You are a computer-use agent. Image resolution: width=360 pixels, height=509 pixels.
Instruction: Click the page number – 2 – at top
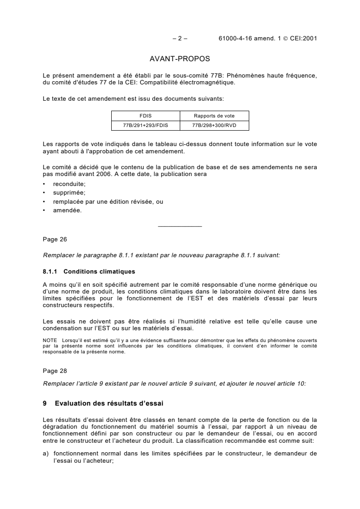pyautogui.click(x=180, y=39)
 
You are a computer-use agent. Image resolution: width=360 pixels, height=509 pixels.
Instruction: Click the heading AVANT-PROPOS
pyautogui.click(x=180, y=59)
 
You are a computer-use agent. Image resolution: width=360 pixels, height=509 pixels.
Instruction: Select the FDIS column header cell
pyautogui.click(x=145, y=115)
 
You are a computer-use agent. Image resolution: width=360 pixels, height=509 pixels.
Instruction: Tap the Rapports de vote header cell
pyautogui.click(x=214, y=115)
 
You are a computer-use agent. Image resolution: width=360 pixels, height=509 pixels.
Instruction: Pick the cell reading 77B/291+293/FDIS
pyautogui.click(x=145, y=123)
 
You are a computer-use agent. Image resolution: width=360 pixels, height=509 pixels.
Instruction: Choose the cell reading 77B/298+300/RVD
pyautogui.click(x=214, y=123)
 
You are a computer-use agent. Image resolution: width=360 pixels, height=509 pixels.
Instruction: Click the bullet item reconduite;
pyautogui.click(x=69, y=184)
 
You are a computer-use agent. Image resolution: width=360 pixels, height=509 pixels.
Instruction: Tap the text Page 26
pyautogui.click(x=54, y=239)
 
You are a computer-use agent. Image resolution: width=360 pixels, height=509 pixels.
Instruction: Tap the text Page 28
pyautogui.click(x=54, y=371)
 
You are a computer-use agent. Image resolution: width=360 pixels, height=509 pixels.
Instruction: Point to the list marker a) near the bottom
pyautogui.click(x=45, y=453)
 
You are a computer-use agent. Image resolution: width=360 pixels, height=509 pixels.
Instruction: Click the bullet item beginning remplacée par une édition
pyautogui.click(x=108, y=201)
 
